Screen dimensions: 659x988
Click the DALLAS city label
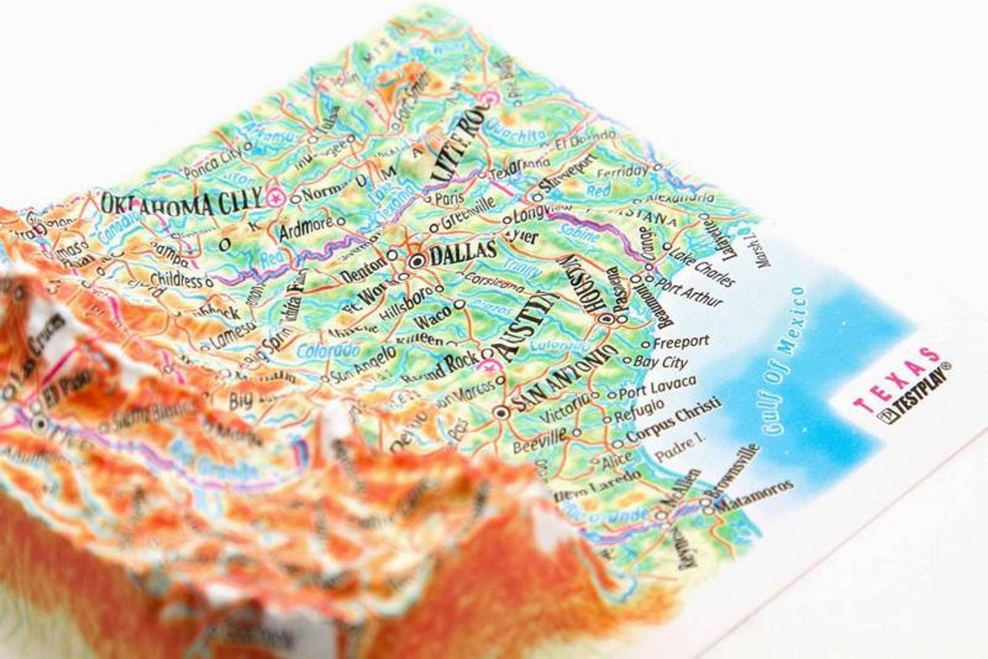pos(464,253)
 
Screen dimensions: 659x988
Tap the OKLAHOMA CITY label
pos(180,204)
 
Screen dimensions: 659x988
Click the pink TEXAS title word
pos(897,379)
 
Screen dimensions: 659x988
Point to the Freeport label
pos(680,342)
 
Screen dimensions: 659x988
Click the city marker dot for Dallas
pos(417,259)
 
